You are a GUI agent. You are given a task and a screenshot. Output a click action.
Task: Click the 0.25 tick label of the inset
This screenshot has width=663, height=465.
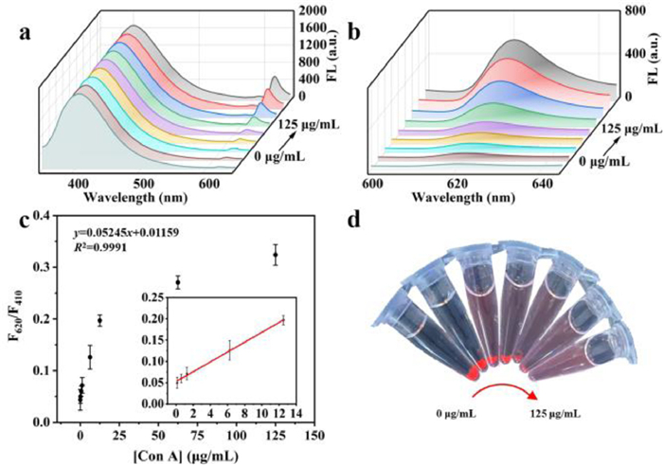pyautogui.click(x=154, y=296)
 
